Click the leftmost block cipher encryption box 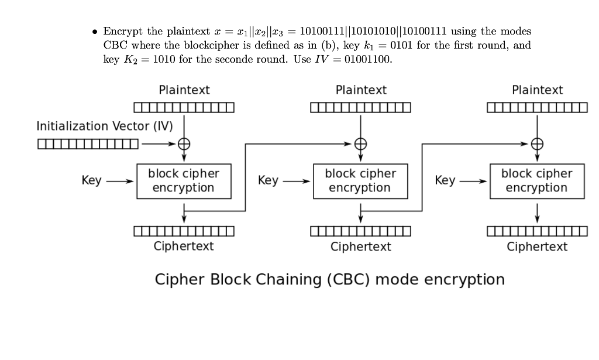coord(184,181)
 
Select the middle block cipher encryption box coord(360,181)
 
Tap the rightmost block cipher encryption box coord(536,181)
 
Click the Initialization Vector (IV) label coord(104,126)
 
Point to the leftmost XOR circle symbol coord(184,143)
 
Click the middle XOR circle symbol coord(361,143)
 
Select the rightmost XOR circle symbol coord(537,143)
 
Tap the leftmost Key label coord(91,181)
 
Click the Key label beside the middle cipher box coord(268,181)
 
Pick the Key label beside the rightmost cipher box coord(445,181)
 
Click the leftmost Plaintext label coord(184,90)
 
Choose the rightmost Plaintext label coord(537,90)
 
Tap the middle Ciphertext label coord(360,246)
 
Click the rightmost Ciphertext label coord(537,246)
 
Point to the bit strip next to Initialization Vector coord(88,143)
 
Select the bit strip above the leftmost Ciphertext coord(184,232)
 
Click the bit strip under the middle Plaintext coord(360,107)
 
